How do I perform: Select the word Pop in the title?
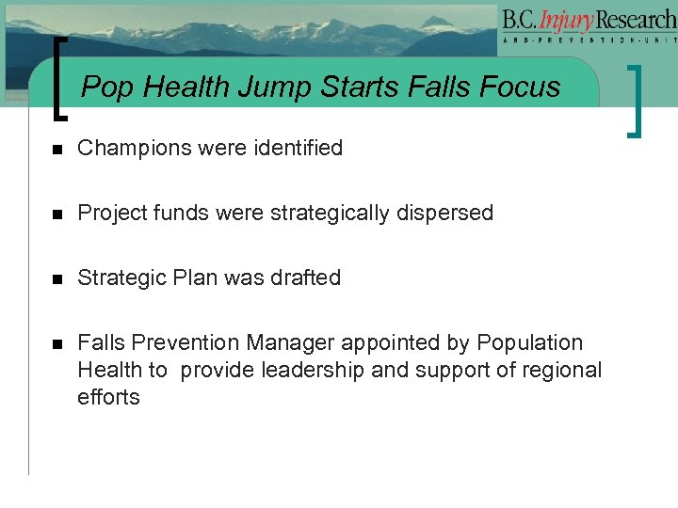[105, 87]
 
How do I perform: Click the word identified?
[296, 148]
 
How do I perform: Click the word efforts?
[108, 397]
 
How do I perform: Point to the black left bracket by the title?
[61, 79]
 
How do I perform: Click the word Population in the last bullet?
[530, 342]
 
